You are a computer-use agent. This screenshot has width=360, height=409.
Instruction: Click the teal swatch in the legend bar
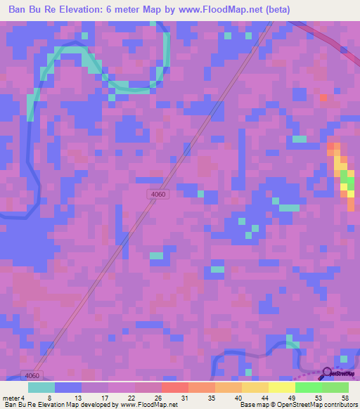click(41, 387)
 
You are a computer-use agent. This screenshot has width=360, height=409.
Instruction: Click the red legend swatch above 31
click(174, 387)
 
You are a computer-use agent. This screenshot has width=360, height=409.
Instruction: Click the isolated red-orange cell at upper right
click(323, 97)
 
